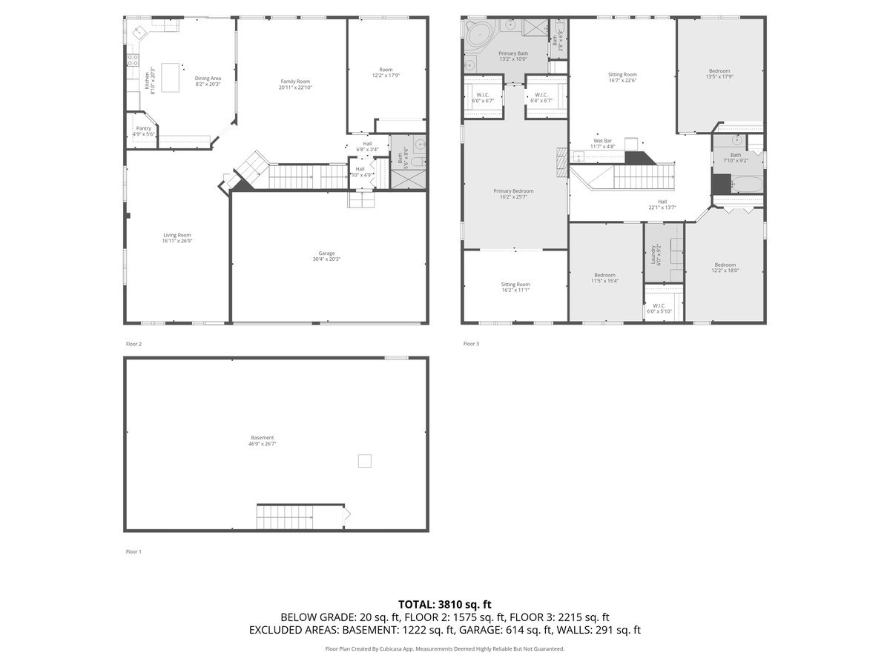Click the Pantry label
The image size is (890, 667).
click(144, 128)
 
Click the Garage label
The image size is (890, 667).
click(326, 253)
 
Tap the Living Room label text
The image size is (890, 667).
click(177, 235)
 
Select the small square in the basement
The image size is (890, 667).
click(364, 461)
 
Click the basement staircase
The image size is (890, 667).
click(286, 517)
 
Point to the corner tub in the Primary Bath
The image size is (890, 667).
click(478, 33)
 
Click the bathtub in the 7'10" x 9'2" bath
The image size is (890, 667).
click(745, 185)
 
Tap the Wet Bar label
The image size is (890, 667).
click(602, 141)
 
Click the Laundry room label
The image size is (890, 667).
click(653, 256)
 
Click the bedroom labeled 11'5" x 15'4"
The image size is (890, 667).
click(604, 278)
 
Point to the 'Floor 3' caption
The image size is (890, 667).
click(471, 344)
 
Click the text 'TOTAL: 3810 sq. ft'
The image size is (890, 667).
click(445, 604)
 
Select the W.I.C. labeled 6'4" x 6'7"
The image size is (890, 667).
click(541, 98)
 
